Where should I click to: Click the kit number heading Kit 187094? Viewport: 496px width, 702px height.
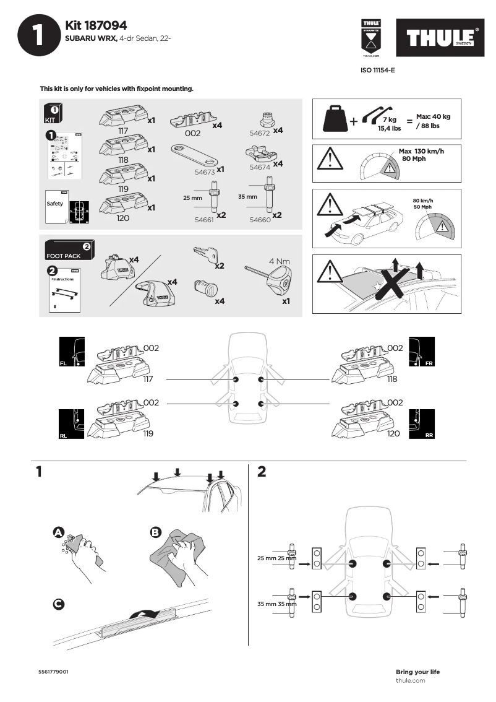96,25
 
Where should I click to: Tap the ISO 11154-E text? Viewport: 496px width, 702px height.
378,71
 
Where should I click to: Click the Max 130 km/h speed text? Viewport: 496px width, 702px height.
421,152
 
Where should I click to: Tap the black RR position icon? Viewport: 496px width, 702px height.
422,424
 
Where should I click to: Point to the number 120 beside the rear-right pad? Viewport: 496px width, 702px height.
393,434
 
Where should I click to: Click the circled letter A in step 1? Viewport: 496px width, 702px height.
58,532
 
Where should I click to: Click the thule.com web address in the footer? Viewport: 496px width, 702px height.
410,680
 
